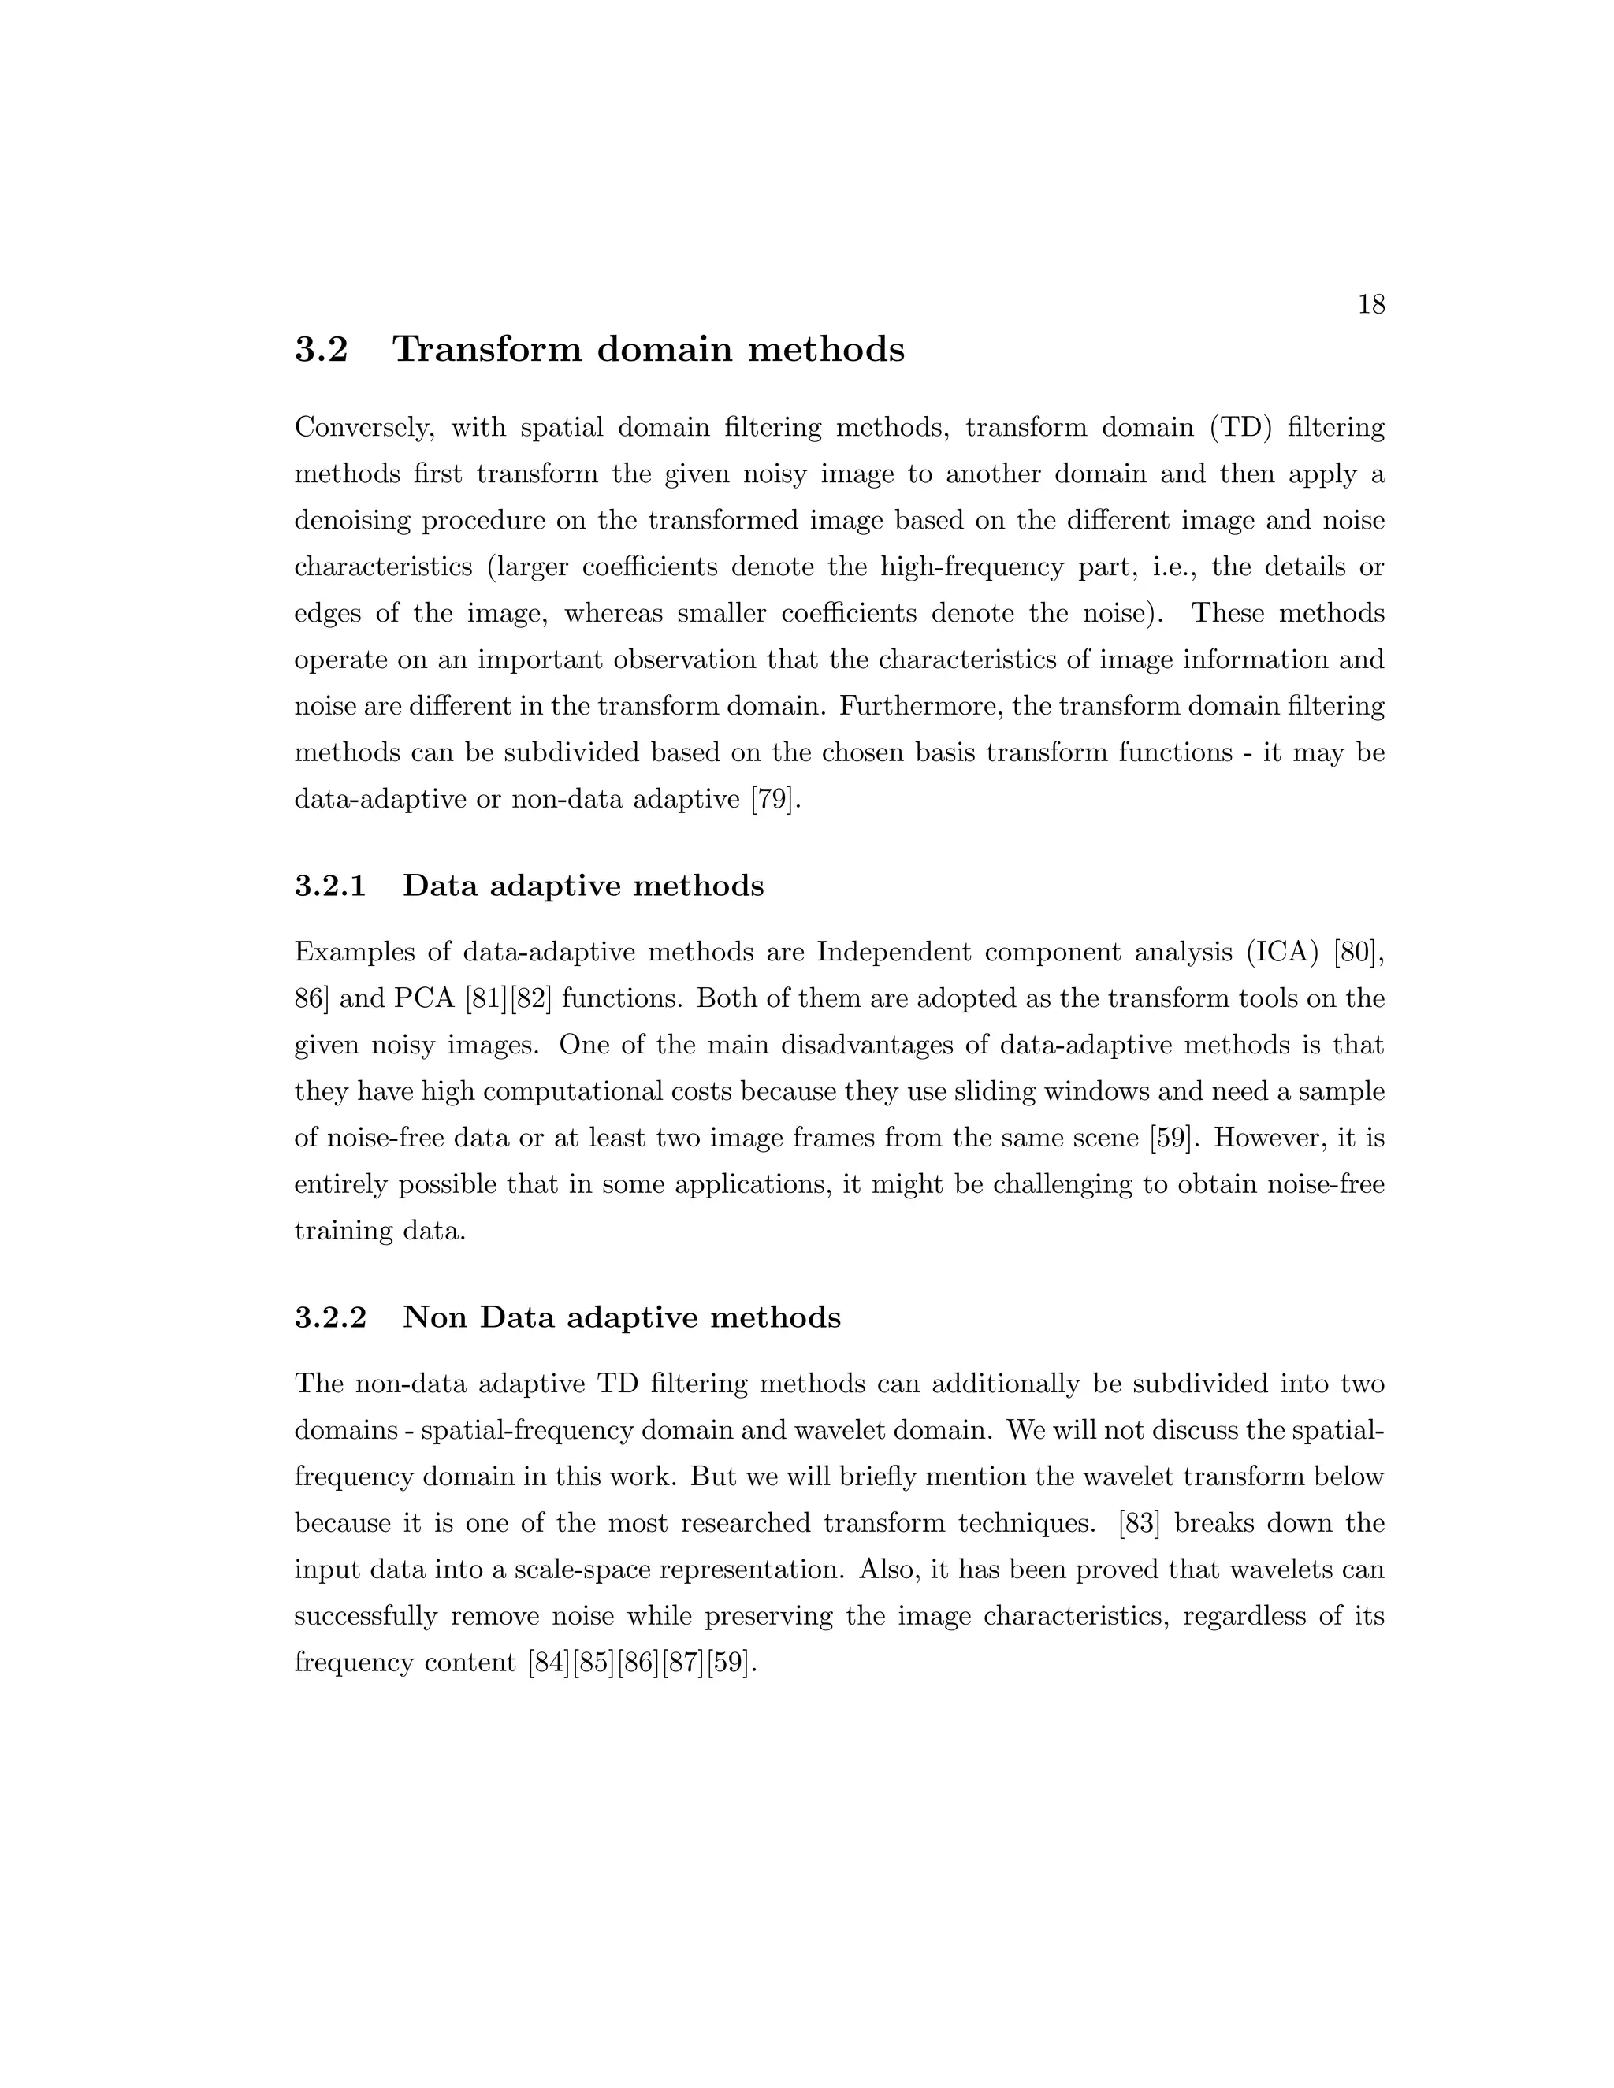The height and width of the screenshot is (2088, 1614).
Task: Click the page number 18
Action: [x=1371, y=305]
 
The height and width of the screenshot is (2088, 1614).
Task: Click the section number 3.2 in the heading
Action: [x=322, y=350]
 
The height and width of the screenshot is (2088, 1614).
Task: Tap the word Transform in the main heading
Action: [x=487, y=350]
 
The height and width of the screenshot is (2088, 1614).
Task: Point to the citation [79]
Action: [x=772, y=799]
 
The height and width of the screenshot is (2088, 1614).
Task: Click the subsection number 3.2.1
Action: [x=330, y=886]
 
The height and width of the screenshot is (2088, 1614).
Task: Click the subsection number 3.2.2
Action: [x=330, y=1318]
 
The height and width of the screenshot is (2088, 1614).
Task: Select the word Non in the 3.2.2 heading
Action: [x=434, y=1318]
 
